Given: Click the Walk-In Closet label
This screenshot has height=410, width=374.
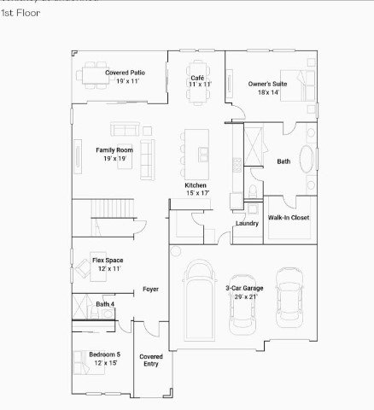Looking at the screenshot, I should [x=289, y=218].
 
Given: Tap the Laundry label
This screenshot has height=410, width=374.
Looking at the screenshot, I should [x=247, y=224].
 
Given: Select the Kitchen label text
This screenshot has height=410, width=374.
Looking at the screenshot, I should [x=197, y=190].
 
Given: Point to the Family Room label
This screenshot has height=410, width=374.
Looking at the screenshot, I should [x=114, y=154].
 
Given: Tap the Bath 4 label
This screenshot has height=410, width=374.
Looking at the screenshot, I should [x=105, y=304].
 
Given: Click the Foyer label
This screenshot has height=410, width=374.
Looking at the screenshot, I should [x=151, y=290].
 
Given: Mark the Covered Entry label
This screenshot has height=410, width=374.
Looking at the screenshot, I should [x=151, y=360].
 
